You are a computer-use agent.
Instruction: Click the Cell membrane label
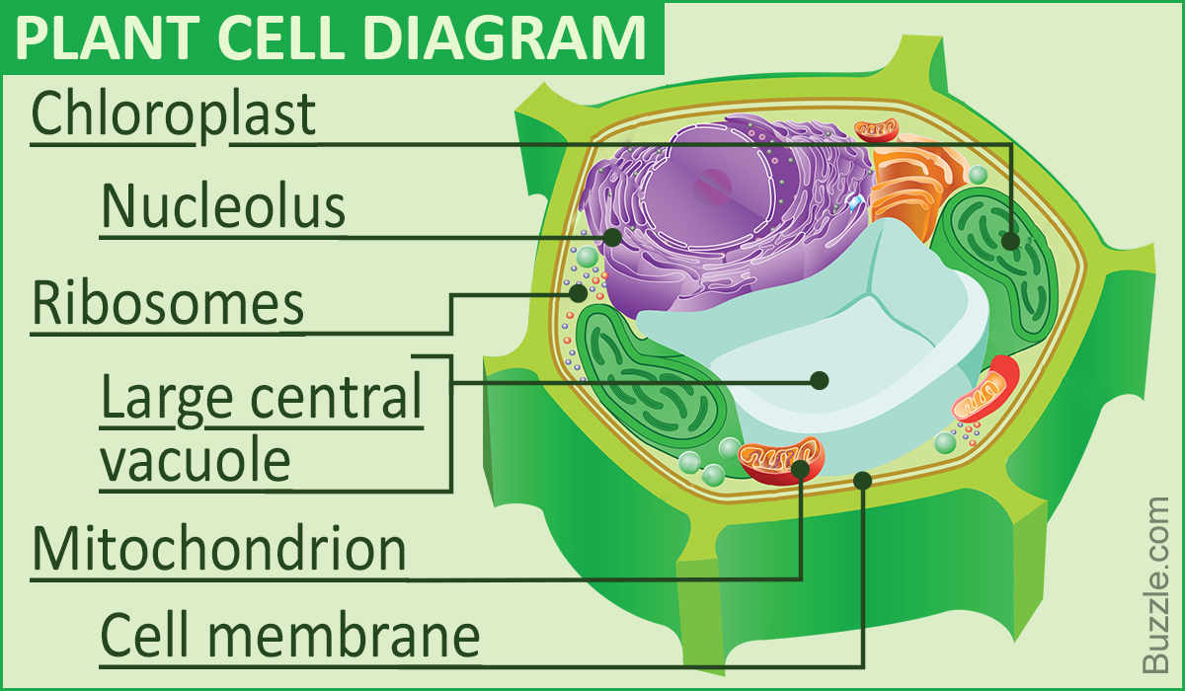tap(290, 636)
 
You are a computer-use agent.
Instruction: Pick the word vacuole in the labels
tap(196, 459)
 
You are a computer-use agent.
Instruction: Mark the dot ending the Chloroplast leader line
tap(1009, 240)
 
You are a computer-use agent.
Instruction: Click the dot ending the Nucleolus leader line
tap(613, 237)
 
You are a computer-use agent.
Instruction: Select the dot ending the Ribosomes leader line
tap(579, 291)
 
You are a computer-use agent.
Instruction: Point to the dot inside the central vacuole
tap(818, 379)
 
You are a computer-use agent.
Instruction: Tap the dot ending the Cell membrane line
tap(862, 481)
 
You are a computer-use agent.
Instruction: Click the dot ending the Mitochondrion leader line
tap(801, 468)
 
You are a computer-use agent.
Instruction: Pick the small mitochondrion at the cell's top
tap(876, 129)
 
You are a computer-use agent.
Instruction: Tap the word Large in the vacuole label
tap(166, 399)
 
